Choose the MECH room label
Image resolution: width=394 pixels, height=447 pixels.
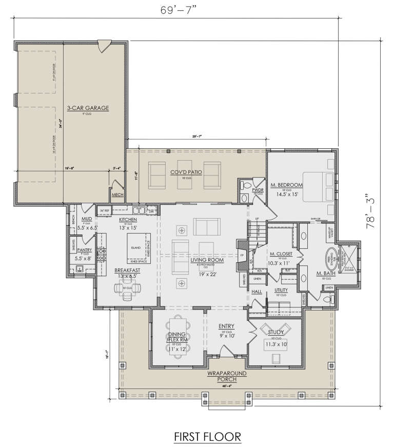coord(117,195)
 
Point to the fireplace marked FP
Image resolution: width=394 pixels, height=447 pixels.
coord(242,256)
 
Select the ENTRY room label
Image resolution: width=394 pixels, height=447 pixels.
coord(226,326)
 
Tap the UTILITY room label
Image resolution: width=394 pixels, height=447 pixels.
coord(281,290)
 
